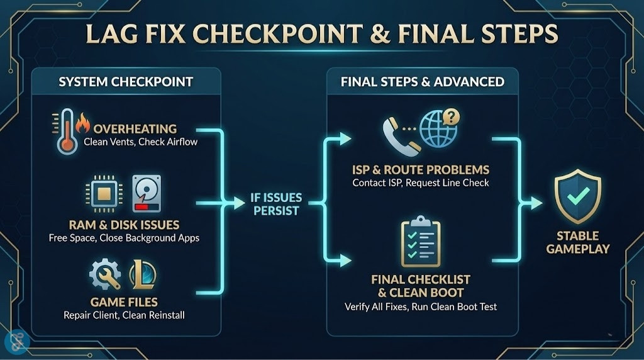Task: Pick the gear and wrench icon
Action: click(105, 275)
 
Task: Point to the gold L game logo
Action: click(142, 274)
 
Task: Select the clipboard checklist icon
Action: click(421, 242)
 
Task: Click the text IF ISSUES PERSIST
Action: click(276, 203)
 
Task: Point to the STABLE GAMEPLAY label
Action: click(577, 243)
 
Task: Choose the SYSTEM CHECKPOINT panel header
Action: click(126, 82)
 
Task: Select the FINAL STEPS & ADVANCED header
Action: click(422, 82)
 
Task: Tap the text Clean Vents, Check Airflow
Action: click(140, 142)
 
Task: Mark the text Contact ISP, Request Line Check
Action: click(420, 183)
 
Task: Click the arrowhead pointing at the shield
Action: click(535, 203)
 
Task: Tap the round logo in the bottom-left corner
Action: click(17, 342)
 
